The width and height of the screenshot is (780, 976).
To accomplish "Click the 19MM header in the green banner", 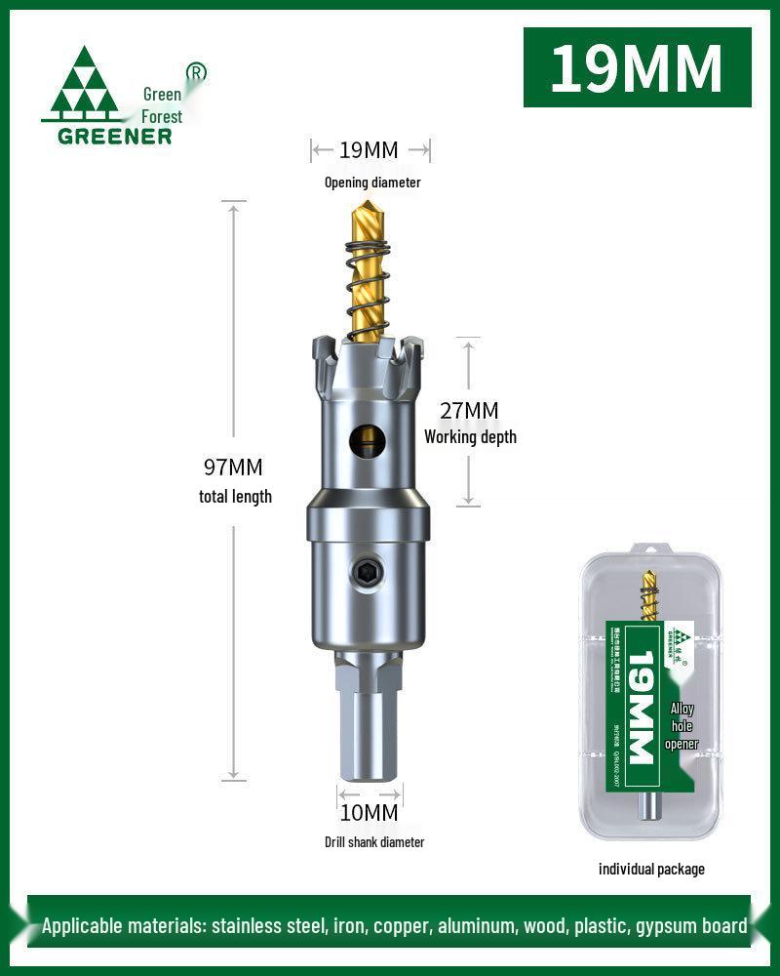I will (637, 67).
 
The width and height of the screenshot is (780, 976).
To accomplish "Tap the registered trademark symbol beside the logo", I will (196, 72).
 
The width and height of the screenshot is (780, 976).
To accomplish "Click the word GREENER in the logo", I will (114, 136).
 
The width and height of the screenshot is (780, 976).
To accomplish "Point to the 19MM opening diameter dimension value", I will (369, 150).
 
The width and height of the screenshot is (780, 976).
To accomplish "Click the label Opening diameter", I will (372, 183).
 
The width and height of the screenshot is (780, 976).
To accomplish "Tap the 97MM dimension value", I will (234, 468).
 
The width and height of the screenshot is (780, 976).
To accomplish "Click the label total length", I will (235, 497).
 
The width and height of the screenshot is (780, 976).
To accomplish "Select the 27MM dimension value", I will (469, 411).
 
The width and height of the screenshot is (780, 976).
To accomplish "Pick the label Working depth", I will (470, 437).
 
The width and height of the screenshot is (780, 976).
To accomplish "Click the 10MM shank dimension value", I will (370, 812).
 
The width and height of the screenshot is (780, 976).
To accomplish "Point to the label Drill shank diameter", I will (374, 842).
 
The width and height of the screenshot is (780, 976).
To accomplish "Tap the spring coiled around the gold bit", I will (370, 283).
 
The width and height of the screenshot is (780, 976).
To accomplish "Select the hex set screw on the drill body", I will (369, 576).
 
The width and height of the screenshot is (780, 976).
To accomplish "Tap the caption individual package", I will (651, 869).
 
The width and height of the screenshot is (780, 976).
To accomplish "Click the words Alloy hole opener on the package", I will (682, 726).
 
